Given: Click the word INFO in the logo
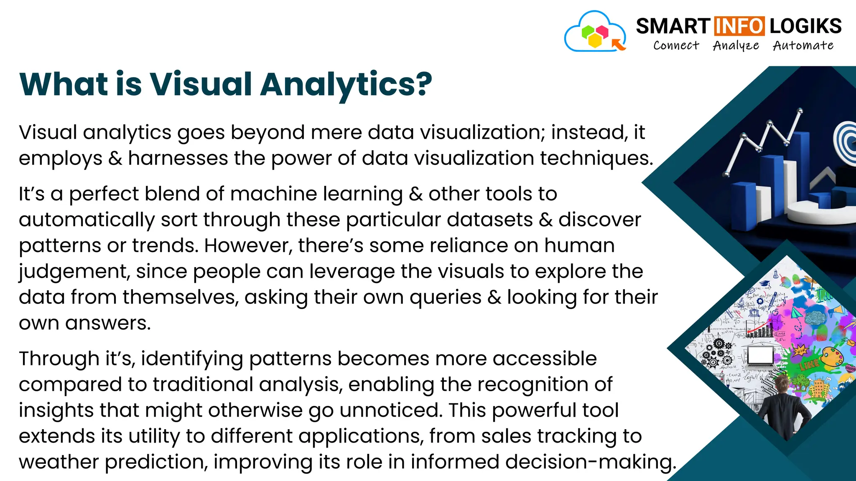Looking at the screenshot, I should click(739, 26).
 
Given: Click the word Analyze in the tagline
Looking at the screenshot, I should click(736, 46).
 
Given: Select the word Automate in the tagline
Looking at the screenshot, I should click(803, 45).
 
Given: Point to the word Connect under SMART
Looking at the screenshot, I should click(676, 45).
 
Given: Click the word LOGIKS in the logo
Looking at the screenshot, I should click(805, 26).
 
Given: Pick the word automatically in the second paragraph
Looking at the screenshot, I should click(87, 220).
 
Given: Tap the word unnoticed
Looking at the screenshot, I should click(390, 410).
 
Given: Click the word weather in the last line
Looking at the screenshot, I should click(59, 462).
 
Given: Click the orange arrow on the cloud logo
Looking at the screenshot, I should click(618, 44).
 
